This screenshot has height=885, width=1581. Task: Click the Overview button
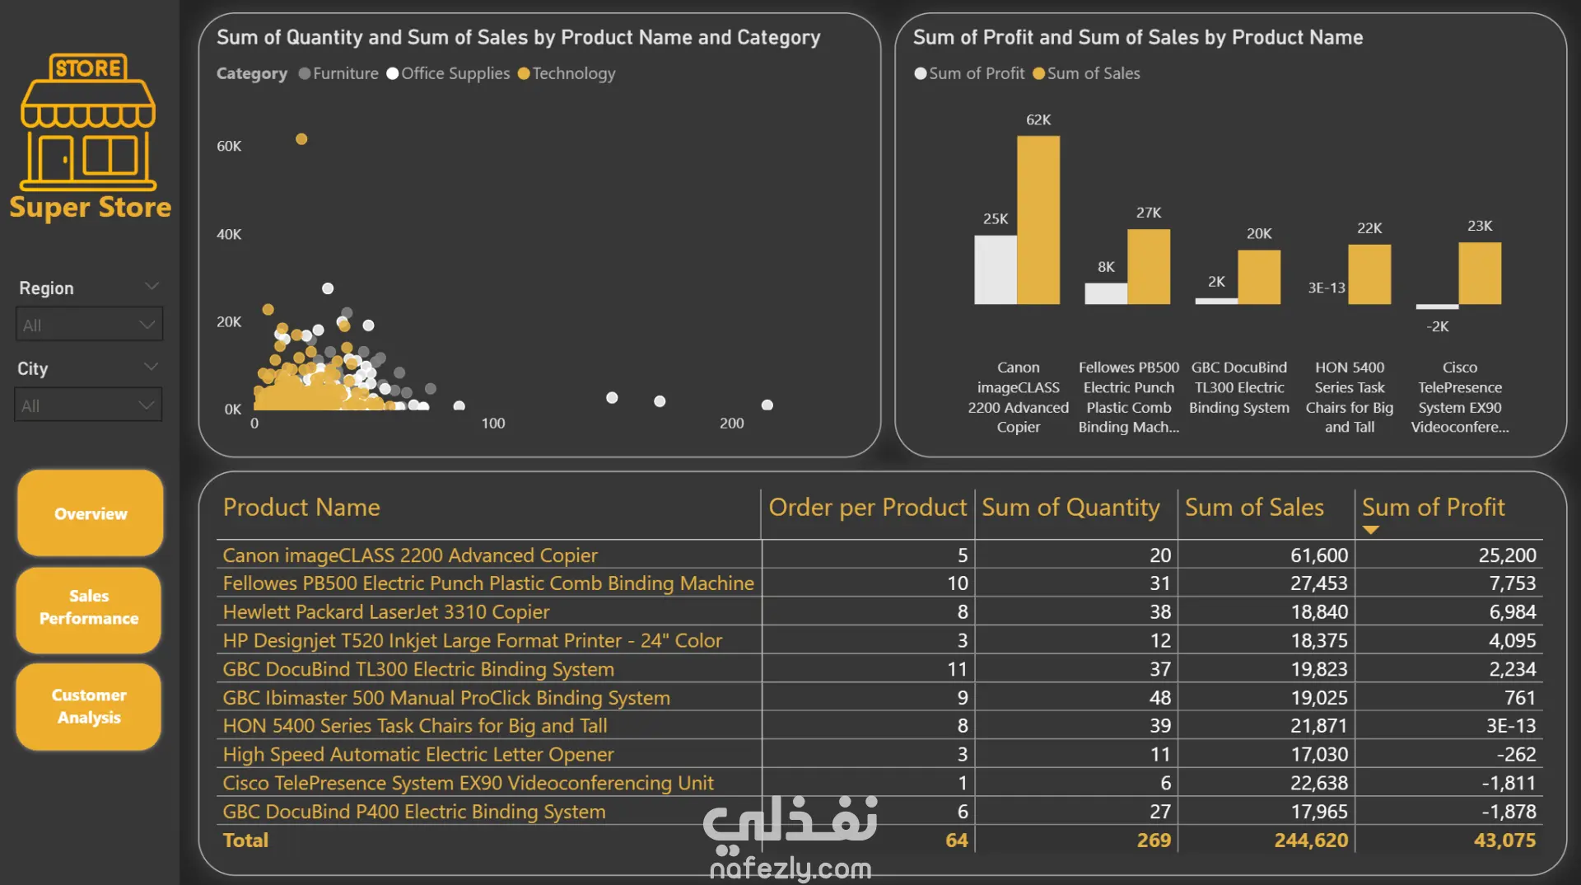point(91,513)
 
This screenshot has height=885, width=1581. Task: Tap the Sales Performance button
point(89,607)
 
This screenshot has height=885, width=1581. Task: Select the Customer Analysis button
point(89,706)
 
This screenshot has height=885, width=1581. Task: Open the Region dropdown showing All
point(89,325)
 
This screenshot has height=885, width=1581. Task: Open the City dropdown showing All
point(88,405)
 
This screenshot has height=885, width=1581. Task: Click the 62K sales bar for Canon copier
point(1038,220)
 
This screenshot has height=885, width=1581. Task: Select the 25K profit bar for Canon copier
point(995,269)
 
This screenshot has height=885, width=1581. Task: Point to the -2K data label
point(1438,326)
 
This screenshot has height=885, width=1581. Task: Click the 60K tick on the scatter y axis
point(229,147)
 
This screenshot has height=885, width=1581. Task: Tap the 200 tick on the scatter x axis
point(731,424)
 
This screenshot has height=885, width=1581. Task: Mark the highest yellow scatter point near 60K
point(301,139)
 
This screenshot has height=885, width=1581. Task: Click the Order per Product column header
point(867,508)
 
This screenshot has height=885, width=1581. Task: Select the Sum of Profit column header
point(1433,508)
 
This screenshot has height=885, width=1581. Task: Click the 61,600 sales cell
point(1318,555)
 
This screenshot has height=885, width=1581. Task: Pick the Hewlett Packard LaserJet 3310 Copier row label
point(386,612)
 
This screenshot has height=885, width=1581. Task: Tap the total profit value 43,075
point(1504,841)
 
